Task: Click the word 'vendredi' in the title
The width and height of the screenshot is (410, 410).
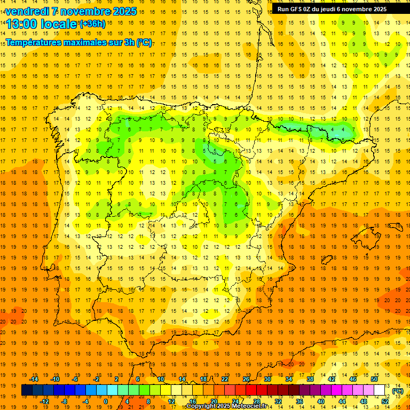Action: [x=28, y=11]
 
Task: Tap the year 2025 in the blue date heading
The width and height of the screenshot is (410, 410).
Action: [x=124, y=11]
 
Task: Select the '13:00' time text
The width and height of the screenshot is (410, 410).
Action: [x=22, y=24]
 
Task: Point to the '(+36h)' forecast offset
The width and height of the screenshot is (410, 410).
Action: [x=92, y=24]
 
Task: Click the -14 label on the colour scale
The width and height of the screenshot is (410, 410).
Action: [x=34, y=379]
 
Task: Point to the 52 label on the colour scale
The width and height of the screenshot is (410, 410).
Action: [x=385, y=401]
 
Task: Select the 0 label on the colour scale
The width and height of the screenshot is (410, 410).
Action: [x=105, y=401]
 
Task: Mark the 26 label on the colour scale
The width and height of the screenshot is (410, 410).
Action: [x=246, y=379]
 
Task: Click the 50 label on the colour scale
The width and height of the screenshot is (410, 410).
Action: [x=374, y=379]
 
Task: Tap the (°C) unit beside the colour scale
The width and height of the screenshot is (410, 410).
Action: [x=398, y=391]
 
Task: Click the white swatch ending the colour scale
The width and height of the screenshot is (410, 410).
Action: [x=380, y=390]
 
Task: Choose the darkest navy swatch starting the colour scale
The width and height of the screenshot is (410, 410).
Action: [x=27, y=390]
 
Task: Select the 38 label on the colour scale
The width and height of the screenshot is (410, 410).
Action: [x=310, y=379]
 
